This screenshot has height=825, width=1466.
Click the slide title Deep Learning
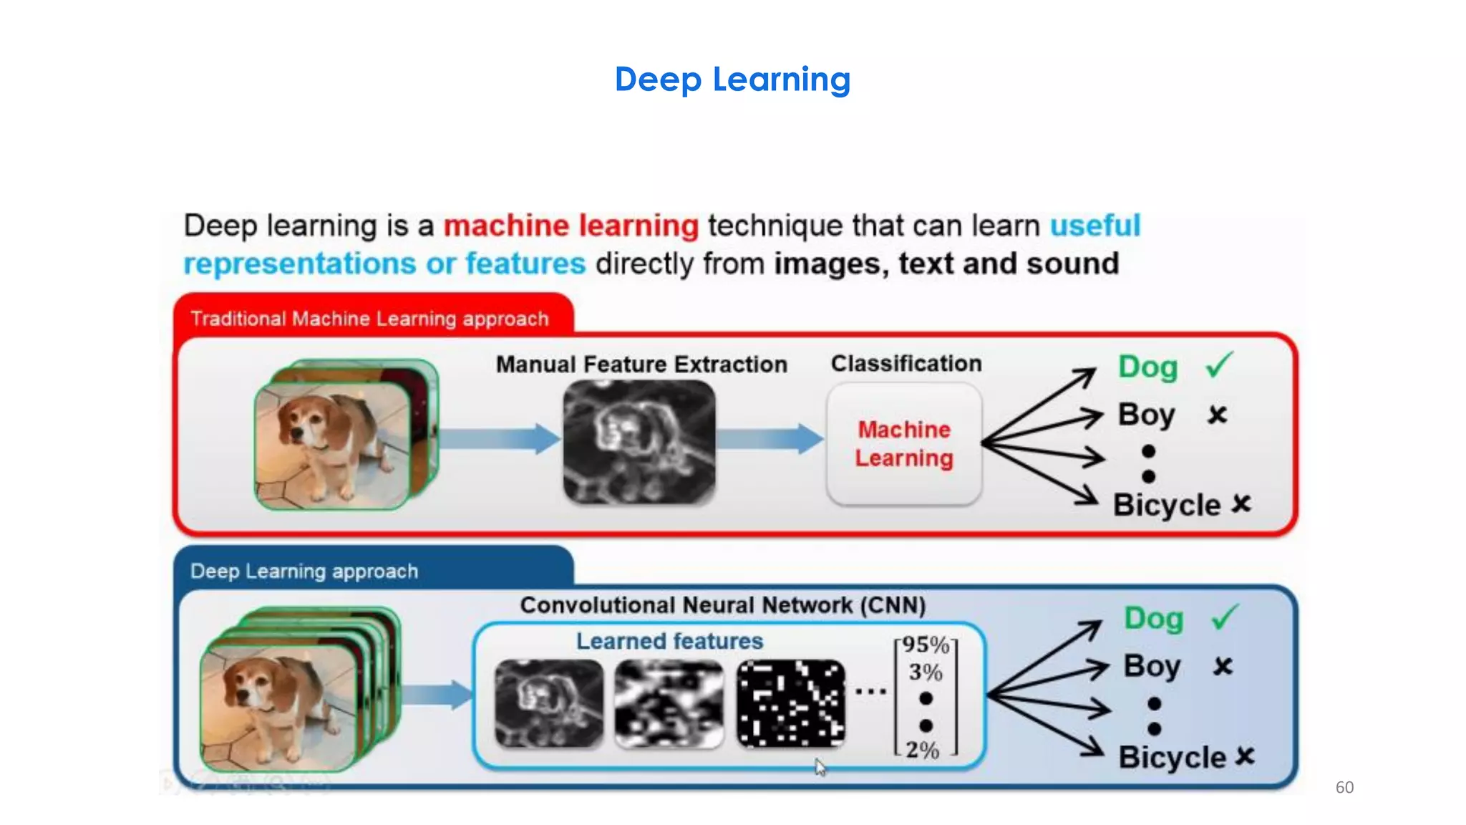coord(732,79)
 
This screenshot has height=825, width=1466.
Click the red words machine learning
coord(571,226)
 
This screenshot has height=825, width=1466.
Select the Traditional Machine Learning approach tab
coord(369,318)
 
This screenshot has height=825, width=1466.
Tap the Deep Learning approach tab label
coord(304,571)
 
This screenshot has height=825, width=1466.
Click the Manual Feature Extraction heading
coord(641,364)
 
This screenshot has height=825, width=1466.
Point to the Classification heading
coord(906,363)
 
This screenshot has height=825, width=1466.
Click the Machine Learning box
coord(904,444)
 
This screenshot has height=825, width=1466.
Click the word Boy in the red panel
coord(1146,415)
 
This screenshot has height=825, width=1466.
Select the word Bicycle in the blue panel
coord(1172,757)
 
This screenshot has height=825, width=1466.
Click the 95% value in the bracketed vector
coord(925,645)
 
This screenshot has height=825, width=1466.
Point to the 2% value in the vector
coord(922,750)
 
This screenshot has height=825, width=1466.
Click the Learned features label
coord(669,641)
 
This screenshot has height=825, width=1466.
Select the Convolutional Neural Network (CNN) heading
coord(722,605)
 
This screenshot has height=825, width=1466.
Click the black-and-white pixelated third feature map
coord(790,703)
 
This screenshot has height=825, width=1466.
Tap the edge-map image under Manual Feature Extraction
coord(639,442)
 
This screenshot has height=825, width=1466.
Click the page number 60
coord(1344,787)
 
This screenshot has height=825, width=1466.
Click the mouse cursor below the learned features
coord(820,767)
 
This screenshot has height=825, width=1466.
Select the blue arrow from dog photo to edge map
coord(499,438)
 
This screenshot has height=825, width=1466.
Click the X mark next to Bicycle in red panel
coord(1241,504)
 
